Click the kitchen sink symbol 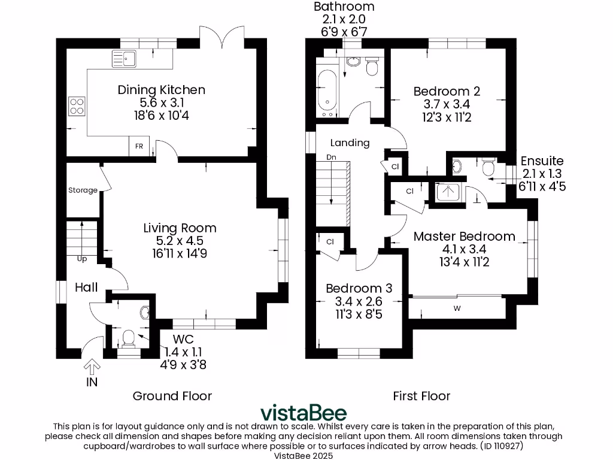(x=123, y=58)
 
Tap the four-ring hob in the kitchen (x=77, y=106)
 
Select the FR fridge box (x=138, y=146)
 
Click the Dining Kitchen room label (x=161, y=90)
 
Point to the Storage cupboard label (x=83, y=190)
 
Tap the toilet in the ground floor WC (x=128, y=339)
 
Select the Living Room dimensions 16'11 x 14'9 (x=180, y=253)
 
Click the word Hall (x=86, y=288)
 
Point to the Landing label (x=350, y=143)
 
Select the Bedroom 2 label (x=447, y=92)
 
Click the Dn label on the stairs (x=331, y=158)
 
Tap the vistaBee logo (x=302, y=414)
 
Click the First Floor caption (x=421, y=396)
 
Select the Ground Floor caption (x=172, y=396)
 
